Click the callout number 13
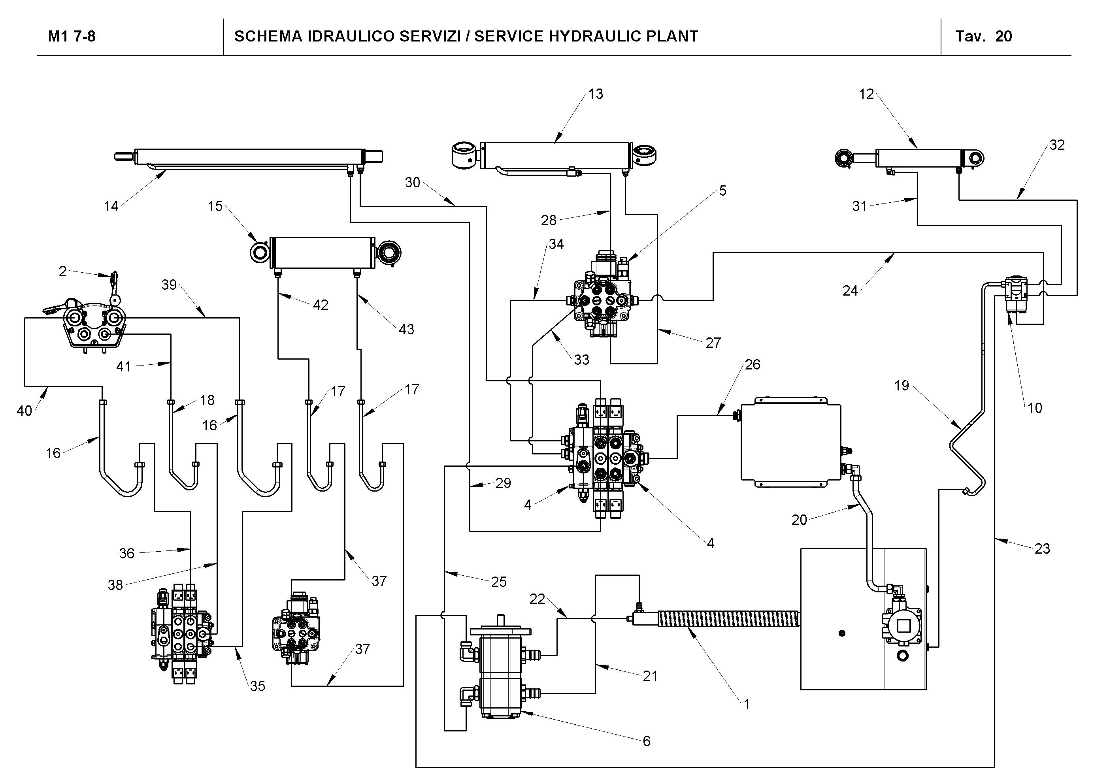pyautogui.click(x=596, y=94)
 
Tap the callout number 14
pyautogui.click(x=111, y=206)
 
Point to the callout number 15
pyautogui.click(x=215, y=206)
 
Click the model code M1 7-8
pyautogui.click(x=72, y=37)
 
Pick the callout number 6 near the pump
pyautogui.click(x=646, y=741)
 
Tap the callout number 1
pyautogui.click(x=746, y=704)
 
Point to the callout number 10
pyautogui.click(x=1034, y=408)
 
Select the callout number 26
pyautogui.click(x=753, y=364)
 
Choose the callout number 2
pyautogui.click(x=62, y=271)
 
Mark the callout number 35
pyautogui.click(x=257, y=686)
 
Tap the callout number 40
pyautogui.click(x=24, y=411)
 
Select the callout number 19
pyautogui.click(x=901, y=385)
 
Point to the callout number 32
pyautogui.click(x=1057, y=145)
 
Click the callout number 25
pyautogui.click(x=498, y=582)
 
